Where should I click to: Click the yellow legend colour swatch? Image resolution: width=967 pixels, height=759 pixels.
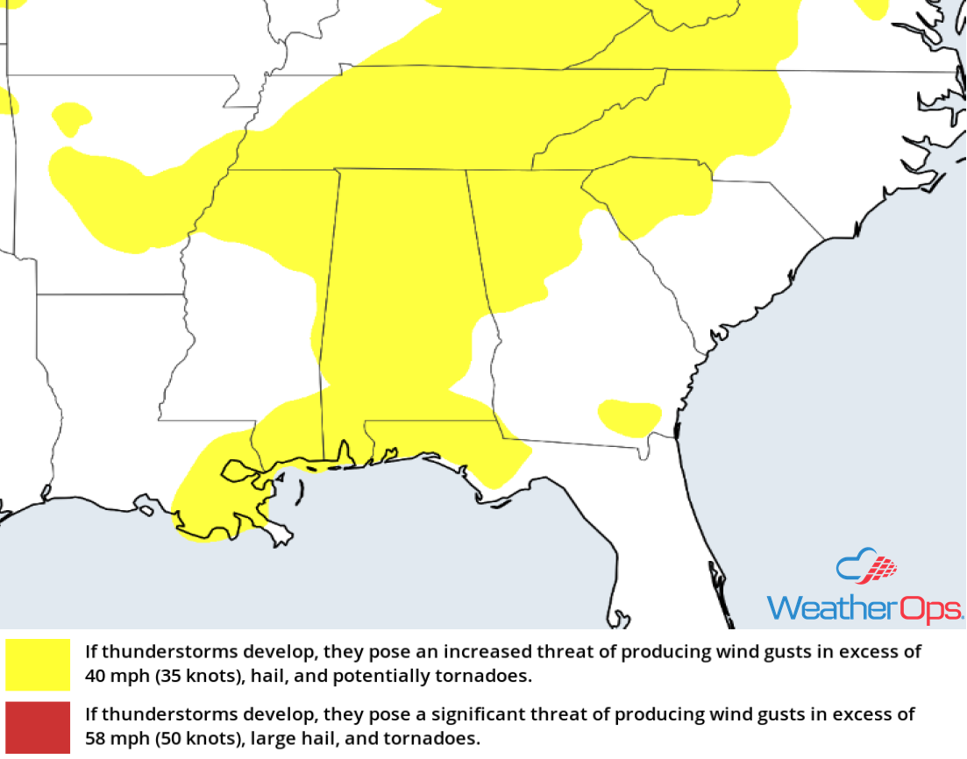(37, 663)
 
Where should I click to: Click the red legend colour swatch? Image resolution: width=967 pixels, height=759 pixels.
(37, 727)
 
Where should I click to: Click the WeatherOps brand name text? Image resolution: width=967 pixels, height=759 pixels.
(864, 607)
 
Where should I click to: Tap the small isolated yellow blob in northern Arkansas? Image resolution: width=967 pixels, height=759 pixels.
(72, 117)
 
